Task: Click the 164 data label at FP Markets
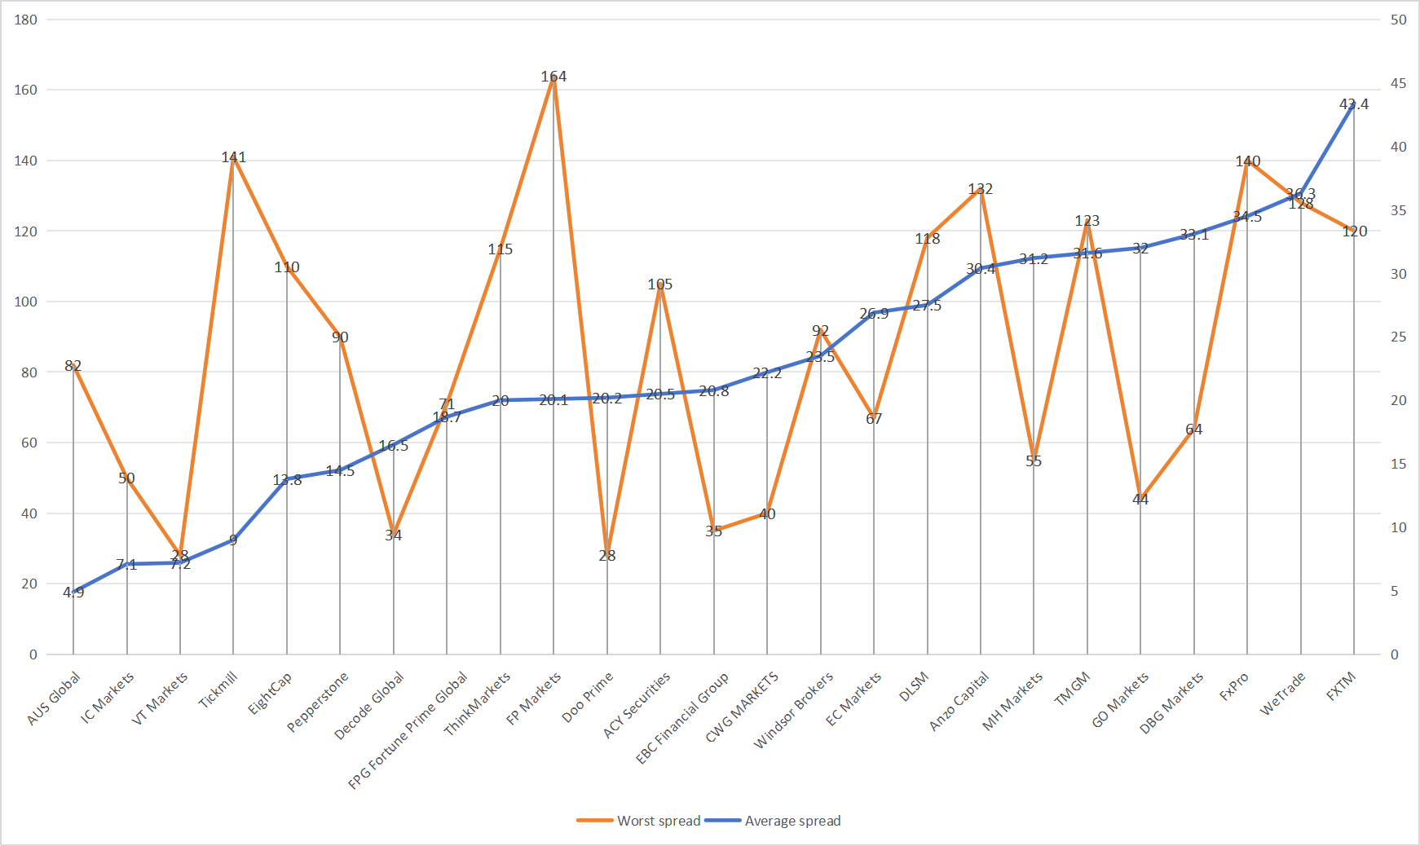pos(553,77)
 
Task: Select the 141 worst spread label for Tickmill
pos(234,157)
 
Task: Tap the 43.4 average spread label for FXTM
pos(1354,104)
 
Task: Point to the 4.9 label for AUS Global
pos(73,593)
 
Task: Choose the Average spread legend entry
pos(773,821)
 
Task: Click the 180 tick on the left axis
pos(26,20)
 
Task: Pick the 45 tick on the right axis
pos(1398,83)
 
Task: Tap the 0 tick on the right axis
pos(1395,654)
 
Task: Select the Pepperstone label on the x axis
pos(318,702)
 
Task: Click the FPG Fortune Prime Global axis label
pos(408,730)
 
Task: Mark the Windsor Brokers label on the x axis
pos(794,710)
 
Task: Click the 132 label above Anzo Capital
pos(981,189)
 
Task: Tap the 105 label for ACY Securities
pos(660,284)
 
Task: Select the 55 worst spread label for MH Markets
pos(1034,461)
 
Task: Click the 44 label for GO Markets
pos(1140,500)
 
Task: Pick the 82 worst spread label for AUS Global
pos(73,366)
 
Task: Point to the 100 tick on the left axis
pos(26,302)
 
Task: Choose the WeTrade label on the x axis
pos(1282,694)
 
